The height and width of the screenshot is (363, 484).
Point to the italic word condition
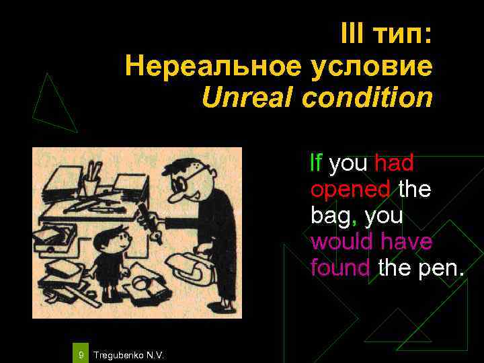tap(367, 98)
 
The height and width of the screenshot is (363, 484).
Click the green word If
tap(316, 163)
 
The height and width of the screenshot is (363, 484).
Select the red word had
tap(394, 163)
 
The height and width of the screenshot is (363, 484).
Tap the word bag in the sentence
tap(327, 216)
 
